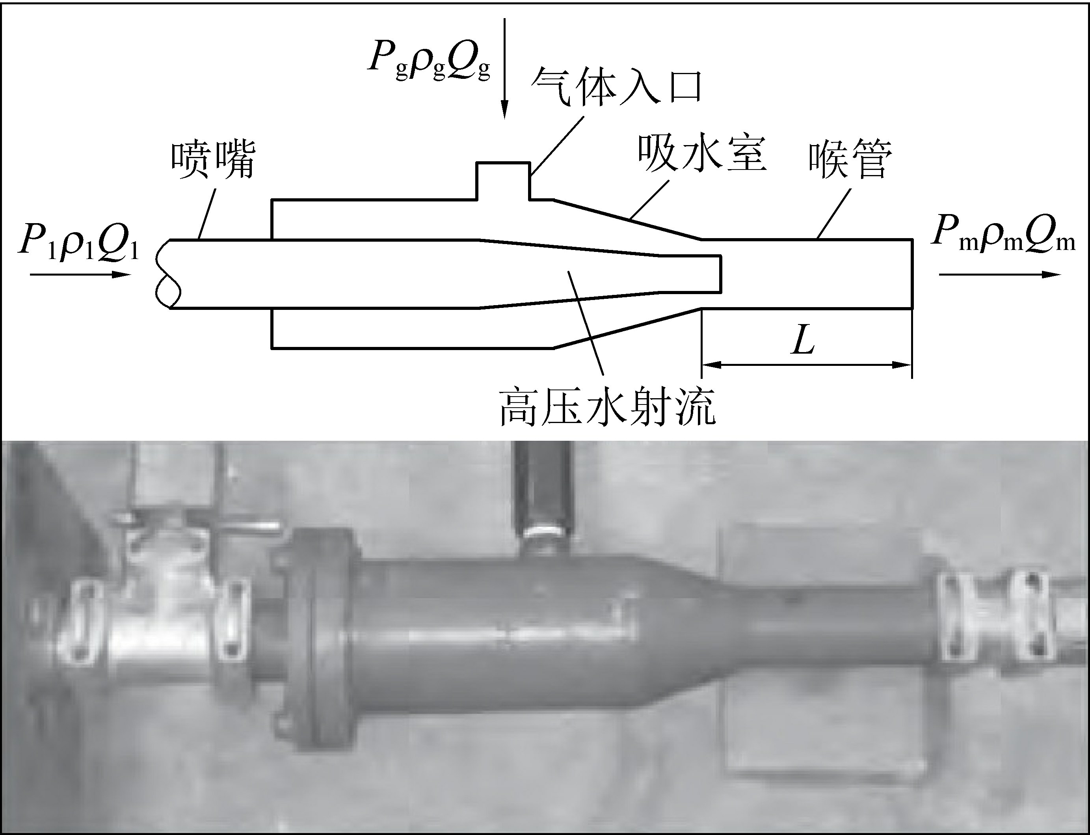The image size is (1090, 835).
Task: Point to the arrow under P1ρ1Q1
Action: [80, 274]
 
